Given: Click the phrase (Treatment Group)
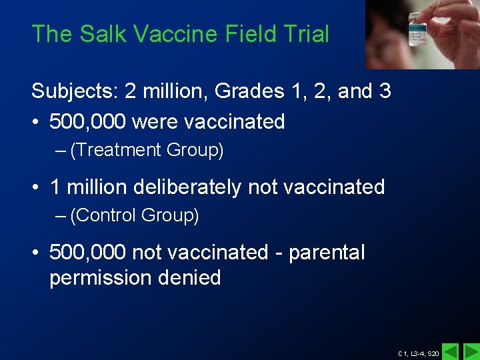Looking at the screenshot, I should click(147, 151).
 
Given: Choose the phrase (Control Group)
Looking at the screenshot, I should click(135, 216).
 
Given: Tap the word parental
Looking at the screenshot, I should click(327, 253).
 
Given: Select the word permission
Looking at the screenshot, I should click(101, 278).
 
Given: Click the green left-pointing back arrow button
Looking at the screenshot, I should click(451, 351).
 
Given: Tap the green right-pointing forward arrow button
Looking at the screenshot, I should click(471, 351).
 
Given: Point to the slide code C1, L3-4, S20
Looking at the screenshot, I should click(419, 353).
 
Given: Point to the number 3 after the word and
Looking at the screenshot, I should click(384, 91).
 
